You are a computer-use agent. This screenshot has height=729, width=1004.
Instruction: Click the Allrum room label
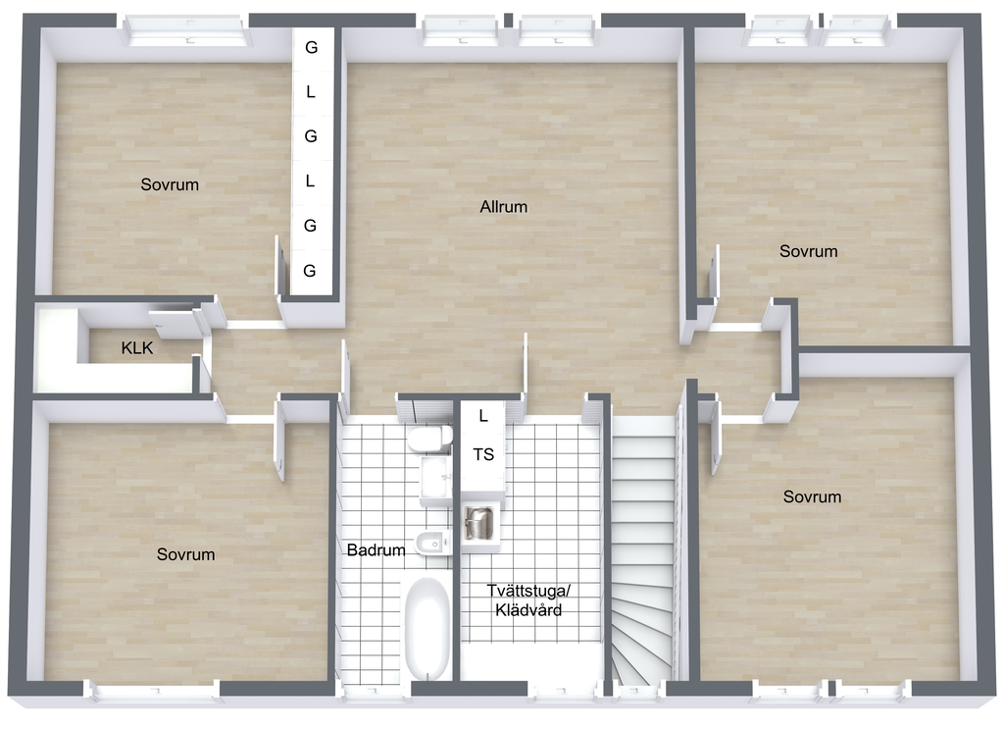click(x=503, y=207)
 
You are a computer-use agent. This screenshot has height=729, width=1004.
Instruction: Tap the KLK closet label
click(x=137, y=348)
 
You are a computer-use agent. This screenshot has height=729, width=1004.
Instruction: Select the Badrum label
click(x=376, y=549)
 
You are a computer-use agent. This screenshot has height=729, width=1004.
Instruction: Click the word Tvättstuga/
click(x=528, y=590)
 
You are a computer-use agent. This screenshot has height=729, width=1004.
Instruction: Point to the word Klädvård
click(x=528, y=610)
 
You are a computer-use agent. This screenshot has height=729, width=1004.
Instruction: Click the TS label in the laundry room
click(x=483, y=455)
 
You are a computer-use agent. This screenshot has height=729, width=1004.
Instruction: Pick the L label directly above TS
click(x=483, y=416)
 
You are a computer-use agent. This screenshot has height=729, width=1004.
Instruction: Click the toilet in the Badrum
click(x=429, y=439)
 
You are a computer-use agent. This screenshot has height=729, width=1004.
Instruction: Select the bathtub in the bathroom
click(x=427, y=628)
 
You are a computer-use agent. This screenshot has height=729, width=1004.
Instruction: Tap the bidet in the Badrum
click(x=432, y=545)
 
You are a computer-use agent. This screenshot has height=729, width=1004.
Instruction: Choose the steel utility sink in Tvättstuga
click(x=478, y=523)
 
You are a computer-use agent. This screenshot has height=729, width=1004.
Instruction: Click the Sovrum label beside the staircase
click(x=812, y=496)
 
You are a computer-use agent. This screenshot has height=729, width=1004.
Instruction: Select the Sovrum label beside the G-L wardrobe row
click(x=170, y=184)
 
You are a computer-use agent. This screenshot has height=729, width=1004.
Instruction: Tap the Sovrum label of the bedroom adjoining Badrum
click(x=185, y=554)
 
